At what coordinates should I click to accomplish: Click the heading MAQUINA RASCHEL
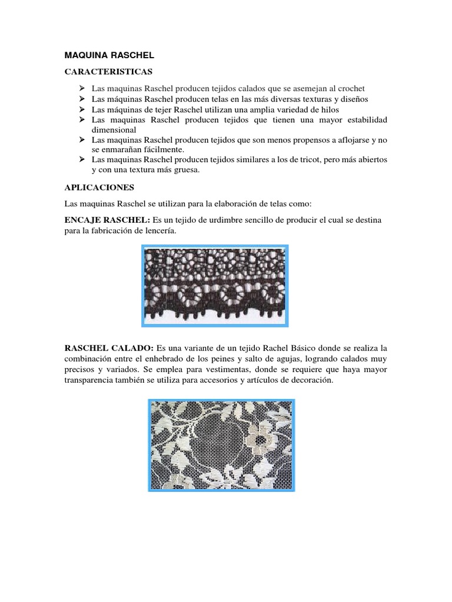pos(109,55)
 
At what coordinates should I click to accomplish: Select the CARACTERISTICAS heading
pos(108,72)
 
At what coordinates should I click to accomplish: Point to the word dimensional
pos(114,129)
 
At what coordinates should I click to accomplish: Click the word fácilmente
pos(159,149)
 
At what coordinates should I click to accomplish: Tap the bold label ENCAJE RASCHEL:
pos(107,220)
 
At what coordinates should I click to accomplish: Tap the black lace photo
pos(215,285)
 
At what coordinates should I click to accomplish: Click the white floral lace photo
pos(221,445)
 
